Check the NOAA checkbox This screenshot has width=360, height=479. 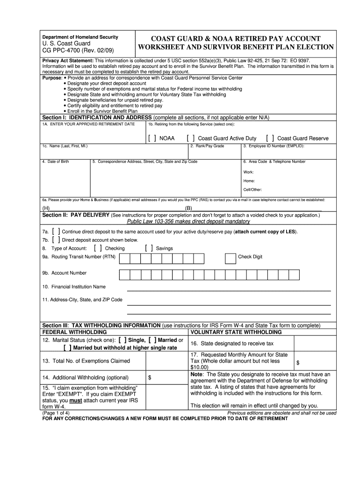click(152, 138)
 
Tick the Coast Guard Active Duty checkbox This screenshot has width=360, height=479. click(191, 138)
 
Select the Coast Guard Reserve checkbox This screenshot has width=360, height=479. click(270, 138)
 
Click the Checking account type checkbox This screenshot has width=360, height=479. click(98, 248)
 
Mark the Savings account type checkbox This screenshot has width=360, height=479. click(149, 248)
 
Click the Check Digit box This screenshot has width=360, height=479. click(230, 259)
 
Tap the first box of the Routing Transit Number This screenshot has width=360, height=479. click(124, 259)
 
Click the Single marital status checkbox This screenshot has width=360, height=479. click(123, 340)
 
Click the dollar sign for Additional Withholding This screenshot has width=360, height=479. click(150, 377)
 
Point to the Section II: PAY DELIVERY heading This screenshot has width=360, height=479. click(76, 215)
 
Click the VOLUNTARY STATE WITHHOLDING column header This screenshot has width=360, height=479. click(236, 332)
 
